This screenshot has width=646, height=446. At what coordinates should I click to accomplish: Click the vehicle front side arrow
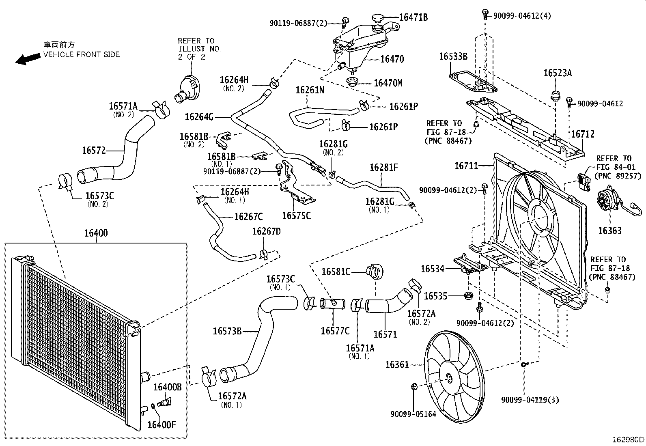tap(28, 59)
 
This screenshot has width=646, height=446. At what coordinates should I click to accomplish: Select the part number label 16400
tap(96, 233)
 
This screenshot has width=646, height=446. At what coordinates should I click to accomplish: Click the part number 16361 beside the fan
tap(397, 365)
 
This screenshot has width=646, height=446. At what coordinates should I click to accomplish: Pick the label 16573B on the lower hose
tap(227, 332)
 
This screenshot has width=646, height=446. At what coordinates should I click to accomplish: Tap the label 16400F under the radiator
tap(161, 425)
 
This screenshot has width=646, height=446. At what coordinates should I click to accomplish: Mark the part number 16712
tap(583, 134)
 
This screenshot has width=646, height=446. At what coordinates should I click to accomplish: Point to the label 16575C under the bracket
tap(296, 216)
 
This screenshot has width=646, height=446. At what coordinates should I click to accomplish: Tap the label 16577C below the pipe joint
tap(335, 331)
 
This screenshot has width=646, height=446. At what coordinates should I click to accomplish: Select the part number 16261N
tap(310, 90)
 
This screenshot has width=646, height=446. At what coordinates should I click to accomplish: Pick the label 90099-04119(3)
tap(530, 400)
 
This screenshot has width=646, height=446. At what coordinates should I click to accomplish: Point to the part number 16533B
tap(453, 56)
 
